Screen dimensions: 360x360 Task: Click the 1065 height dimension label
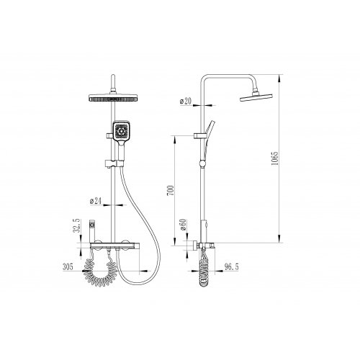[x=275, y=158]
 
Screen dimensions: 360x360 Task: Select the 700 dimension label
[x=170, y=190]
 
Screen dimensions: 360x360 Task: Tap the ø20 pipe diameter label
[x=186, y=101]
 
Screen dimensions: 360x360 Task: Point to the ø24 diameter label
[x=96, y=201]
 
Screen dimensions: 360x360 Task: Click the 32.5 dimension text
[x=76, y=226]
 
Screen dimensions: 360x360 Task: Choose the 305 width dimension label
[x=68, y=266]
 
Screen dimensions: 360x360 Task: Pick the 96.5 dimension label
[x=231, y=266]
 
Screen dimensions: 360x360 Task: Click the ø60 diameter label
[x=183, y=225]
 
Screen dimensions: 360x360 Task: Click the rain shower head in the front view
[x=114, y=98]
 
